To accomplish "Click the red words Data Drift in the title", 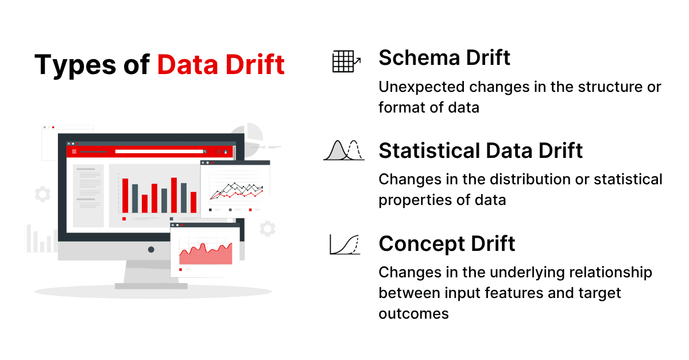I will (x=221, y=65).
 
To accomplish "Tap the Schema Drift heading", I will (x=444, y=57).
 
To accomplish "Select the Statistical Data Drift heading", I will (x=481, y=150).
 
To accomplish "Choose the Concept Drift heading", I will (x=447, y=243).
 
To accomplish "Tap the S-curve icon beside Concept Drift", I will (x=344, y=245).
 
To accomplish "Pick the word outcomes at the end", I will (x=413, y=313).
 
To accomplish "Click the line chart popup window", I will (x=235, y=189).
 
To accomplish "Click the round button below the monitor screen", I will (x=151, y=250).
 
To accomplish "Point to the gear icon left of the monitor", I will (x=42, y=194).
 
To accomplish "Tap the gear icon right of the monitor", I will (x=267, y=229).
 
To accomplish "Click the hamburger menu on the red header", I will (x=74, y=152).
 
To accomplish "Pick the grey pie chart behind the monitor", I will (x=251, y=135).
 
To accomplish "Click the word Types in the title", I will (x=71, y=65).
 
